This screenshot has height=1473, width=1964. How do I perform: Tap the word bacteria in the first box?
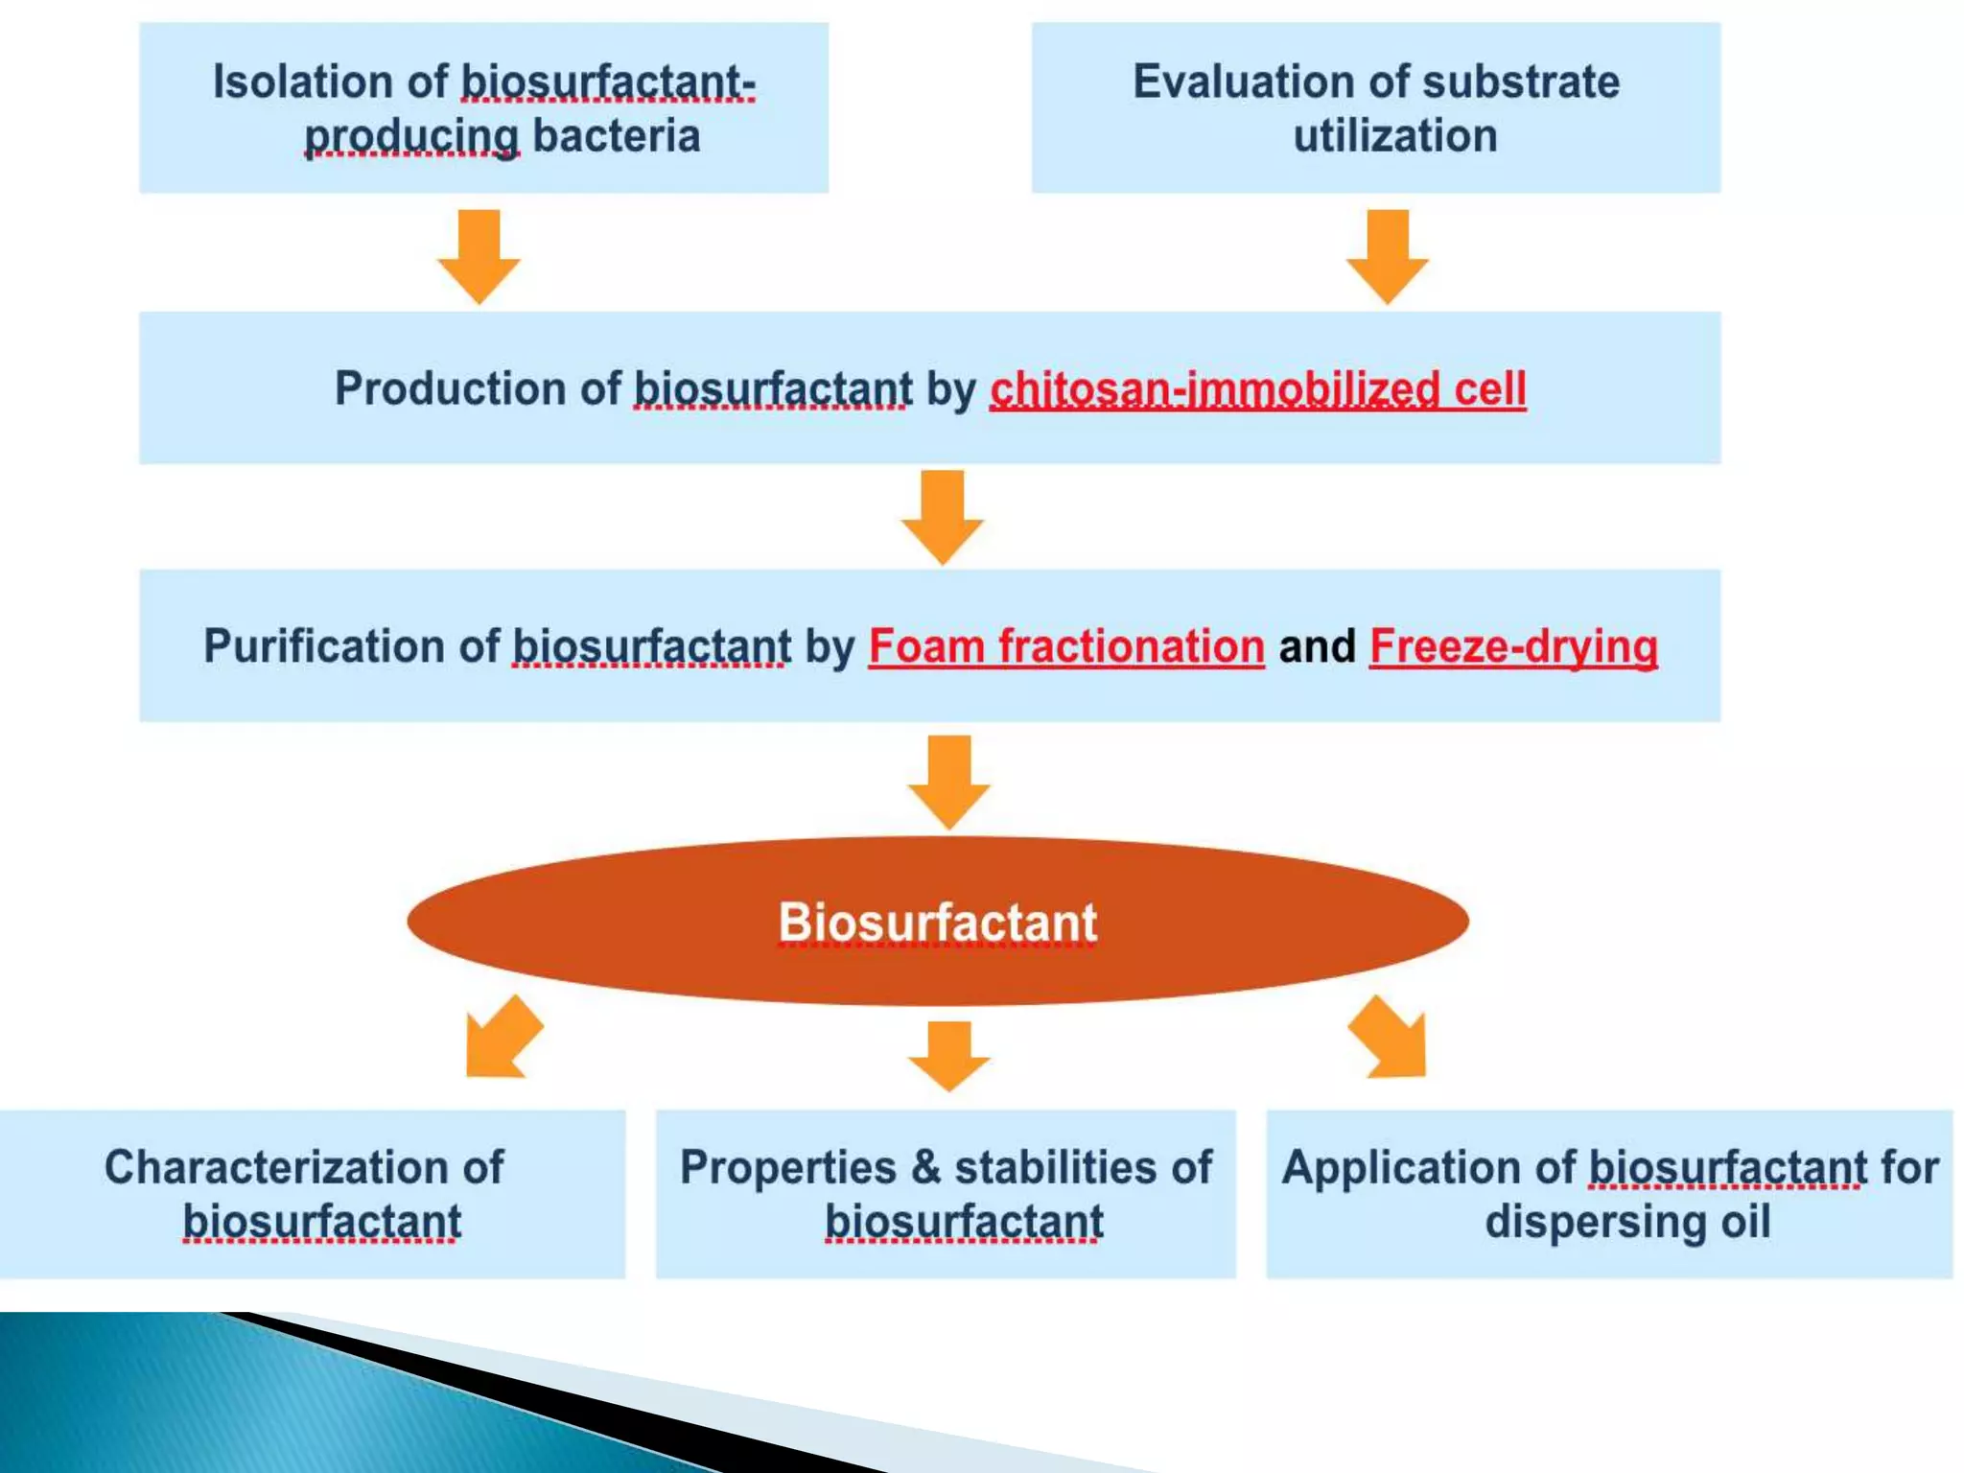pos(616,136)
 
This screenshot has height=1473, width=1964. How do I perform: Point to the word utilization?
pos(1394,136)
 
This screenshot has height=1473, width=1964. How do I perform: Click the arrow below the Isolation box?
pos(479,257)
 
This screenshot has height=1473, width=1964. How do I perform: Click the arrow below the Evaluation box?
pos(1387,257)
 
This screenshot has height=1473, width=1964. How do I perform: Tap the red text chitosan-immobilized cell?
pos(1257,389)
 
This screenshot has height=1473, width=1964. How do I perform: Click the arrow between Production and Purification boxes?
pos(942,517)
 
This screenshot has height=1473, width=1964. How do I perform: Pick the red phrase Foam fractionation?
pos(1066,646)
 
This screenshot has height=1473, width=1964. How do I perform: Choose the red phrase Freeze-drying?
pos(1513,646)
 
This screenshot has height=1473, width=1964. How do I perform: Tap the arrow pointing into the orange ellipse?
pos(948,782)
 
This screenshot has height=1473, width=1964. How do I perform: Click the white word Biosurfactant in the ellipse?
pos(937,923)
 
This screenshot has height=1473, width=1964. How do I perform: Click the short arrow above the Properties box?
pos(948,1056)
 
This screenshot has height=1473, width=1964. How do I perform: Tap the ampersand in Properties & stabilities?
pos(925,1168)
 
